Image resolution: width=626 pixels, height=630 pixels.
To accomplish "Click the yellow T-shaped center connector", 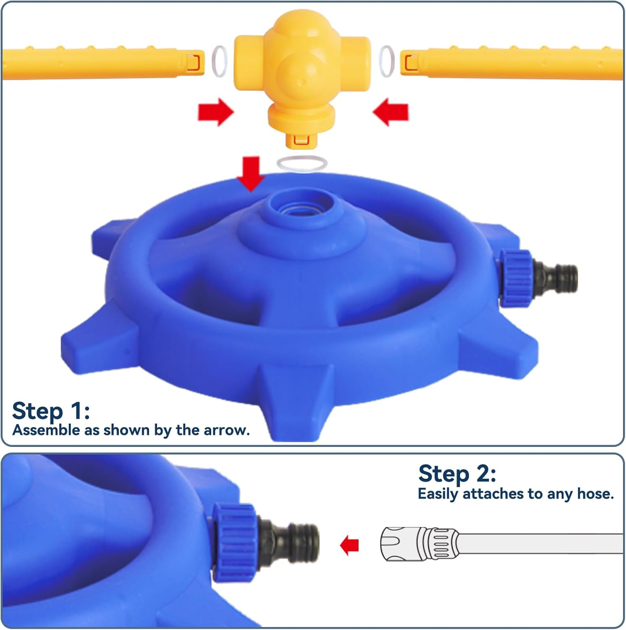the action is pyautogui.click(x=302, y=76).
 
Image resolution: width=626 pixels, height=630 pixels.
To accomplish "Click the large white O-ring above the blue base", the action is pyautogui.click(x=301, y=163).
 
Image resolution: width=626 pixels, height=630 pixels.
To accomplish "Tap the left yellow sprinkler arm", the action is pyautogui.click(x=103, y=63).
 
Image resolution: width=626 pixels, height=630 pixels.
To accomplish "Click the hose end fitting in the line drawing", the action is pyautogui.click(x=419, y=544).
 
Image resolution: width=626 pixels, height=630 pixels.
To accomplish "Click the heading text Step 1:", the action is pyautogui.click(x=51, y=410).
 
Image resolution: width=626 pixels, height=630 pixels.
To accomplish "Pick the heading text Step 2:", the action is pyautogui.click(x=457, y=473).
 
